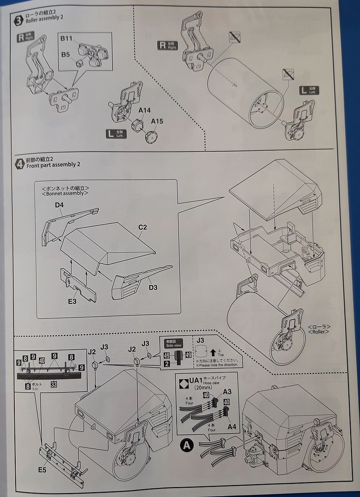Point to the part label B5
coord(65,55)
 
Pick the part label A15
coord(157,122)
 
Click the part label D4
coord(59,205)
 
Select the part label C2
coord(142,228)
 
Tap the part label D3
coord(153,288)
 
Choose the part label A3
coord(227,392)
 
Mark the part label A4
coord(232,427)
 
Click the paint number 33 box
coord(54,384)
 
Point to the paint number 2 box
coord(167,363)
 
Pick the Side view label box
coord(173,344)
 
